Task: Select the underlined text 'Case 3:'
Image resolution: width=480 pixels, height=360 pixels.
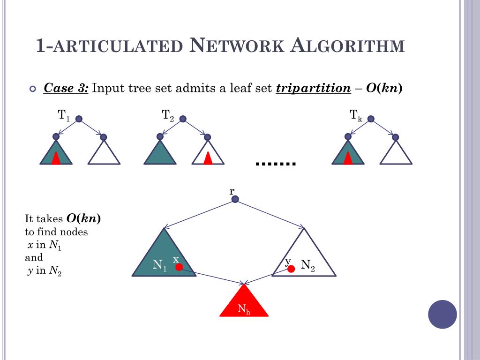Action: (x=66, y=88)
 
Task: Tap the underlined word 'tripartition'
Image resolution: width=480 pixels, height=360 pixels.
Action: (x=313, y=88)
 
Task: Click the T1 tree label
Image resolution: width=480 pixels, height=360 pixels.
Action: (x=64, y=115)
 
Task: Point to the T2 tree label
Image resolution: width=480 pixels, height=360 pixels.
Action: (x=168, y=115)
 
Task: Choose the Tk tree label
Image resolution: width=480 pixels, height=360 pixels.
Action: (x=356, y=115)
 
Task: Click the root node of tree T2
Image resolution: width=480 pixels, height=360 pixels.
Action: (x=183, y=119)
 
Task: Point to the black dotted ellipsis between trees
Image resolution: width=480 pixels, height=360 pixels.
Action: (x=276, y=163)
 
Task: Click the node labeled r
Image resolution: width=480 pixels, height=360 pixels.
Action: (x=235, y=199)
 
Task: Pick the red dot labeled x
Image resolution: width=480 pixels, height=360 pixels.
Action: (x=179, y=267)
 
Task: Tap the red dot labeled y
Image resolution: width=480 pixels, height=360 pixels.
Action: (x=291, y=269)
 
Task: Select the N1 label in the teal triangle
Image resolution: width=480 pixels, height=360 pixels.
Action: (x=160, y=265)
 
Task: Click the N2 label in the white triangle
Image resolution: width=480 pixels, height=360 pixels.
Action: (x=308, y=265)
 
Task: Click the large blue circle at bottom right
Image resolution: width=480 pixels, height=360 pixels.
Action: (x=442, y=314)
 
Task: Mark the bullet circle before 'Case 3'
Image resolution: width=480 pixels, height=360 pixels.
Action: (x=32, y=89)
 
